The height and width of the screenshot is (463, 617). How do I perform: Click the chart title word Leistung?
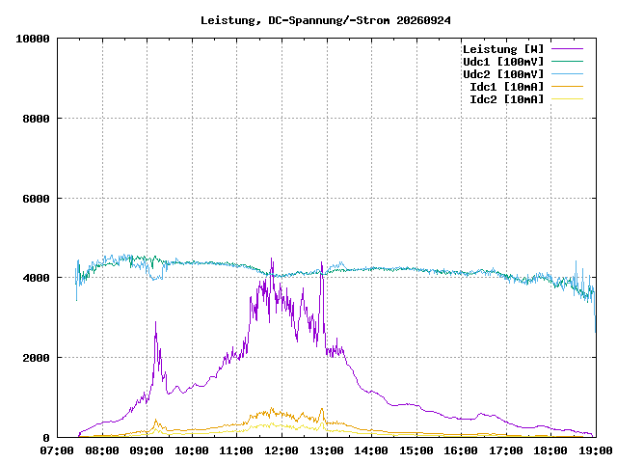(228, 20)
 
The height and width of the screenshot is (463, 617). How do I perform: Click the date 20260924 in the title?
(423, 20)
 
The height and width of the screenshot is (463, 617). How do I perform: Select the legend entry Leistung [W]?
(503, 49)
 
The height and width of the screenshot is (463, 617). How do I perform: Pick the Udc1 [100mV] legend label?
(503, 62)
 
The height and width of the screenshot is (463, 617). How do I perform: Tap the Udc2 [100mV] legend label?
(503, 74)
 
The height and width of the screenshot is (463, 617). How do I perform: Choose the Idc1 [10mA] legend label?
(507, 87)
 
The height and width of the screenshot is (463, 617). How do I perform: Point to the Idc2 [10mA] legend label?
(507, 99)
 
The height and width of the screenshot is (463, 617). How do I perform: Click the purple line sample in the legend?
(567, 49)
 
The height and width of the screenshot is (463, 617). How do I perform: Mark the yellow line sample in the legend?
(567, 98)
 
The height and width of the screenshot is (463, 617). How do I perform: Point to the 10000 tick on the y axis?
(33, 39)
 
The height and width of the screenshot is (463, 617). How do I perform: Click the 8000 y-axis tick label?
(37, 119)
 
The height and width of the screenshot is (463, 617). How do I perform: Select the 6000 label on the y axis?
(37, 199)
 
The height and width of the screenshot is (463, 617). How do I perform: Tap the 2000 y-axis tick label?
(37, 358)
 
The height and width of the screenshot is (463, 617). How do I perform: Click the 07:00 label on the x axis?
(57, 450)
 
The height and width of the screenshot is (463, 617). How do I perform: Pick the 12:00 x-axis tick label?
(282, 450)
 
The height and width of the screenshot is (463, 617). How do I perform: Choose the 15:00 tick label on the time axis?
(416, 450)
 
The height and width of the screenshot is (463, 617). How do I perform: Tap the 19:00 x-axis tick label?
(596, 450)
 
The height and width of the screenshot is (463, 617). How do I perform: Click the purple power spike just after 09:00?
(155, 322)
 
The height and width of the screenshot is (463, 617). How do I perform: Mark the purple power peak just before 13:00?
(321, 261)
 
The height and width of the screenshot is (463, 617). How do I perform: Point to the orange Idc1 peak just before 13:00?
(322, 409)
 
